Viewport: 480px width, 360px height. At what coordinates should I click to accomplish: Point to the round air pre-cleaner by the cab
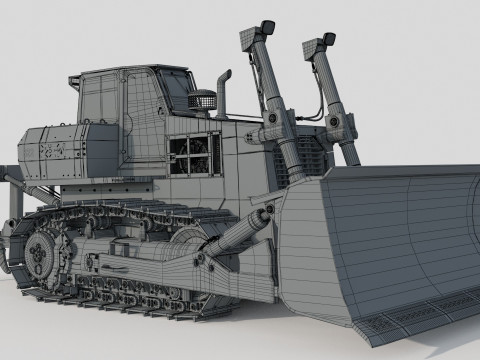204,100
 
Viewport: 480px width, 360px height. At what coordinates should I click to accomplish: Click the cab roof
130,72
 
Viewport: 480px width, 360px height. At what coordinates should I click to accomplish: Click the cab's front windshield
178,92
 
